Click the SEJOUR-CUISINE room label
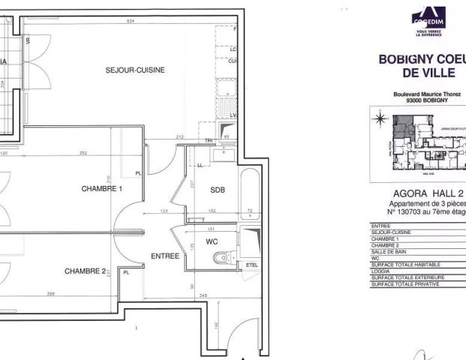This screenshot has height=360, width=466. tap(135, 70)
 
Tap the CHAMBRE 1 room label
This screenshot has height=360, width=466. tap(102, 189)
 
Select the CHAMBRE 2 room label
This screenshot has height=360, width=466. tap(84, 271)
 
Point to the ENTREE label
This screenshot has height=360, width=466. tap(165, 256)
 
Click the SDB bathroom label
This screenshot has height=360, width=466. tap(218, 190)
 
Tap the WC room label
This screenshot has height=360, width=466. tap(212, 242)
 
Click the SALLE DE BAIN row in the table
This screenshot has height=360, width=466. tap(390, 252)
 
